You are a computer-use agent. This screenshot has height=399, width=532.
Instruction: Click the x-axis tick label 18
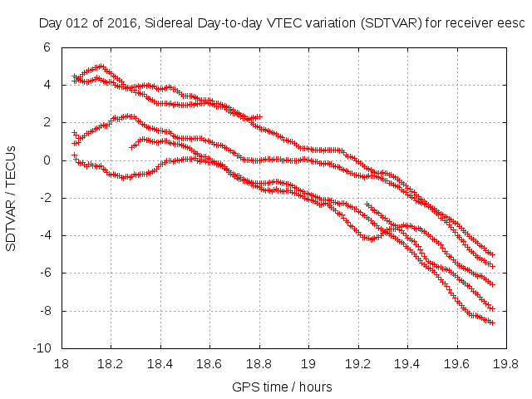[x=61, y=364]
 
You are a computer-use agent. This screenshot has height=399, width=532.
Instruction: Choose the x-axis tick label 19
[x=308, y=364]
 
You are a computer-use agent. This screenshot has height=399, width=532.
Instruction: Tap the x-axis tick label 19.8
[x=506, y=364]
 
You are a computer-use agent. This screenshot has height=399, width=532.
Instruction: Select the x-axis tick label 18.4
[x=160, y=364]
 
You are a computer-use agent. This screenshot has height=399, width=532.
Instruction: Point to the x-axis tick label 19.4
[x=407, y=364]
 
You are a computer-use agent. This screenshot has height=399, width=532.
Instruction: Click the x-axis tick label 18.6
[x=209, y=364]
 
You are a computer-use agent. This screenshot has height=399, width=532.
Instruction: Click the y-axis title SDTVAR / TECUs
[x=12, y=198]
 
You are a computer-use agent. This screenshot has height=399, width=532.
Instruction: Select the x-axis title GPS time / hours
[x=283, y=387]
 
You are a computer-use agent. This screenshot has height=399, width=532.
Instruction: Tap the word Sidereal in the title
[x=166, y=23]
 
